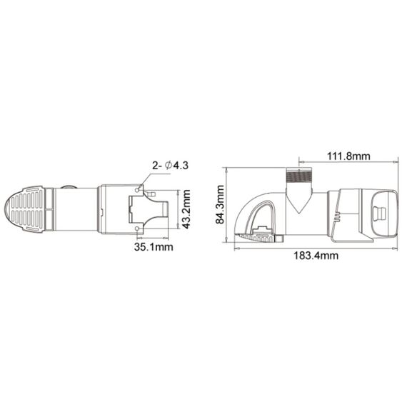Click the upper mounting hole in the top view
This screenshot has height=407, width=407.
(x=140, y=191)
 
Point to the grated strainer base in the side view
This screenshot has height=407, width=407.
(x=260, y=235)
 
